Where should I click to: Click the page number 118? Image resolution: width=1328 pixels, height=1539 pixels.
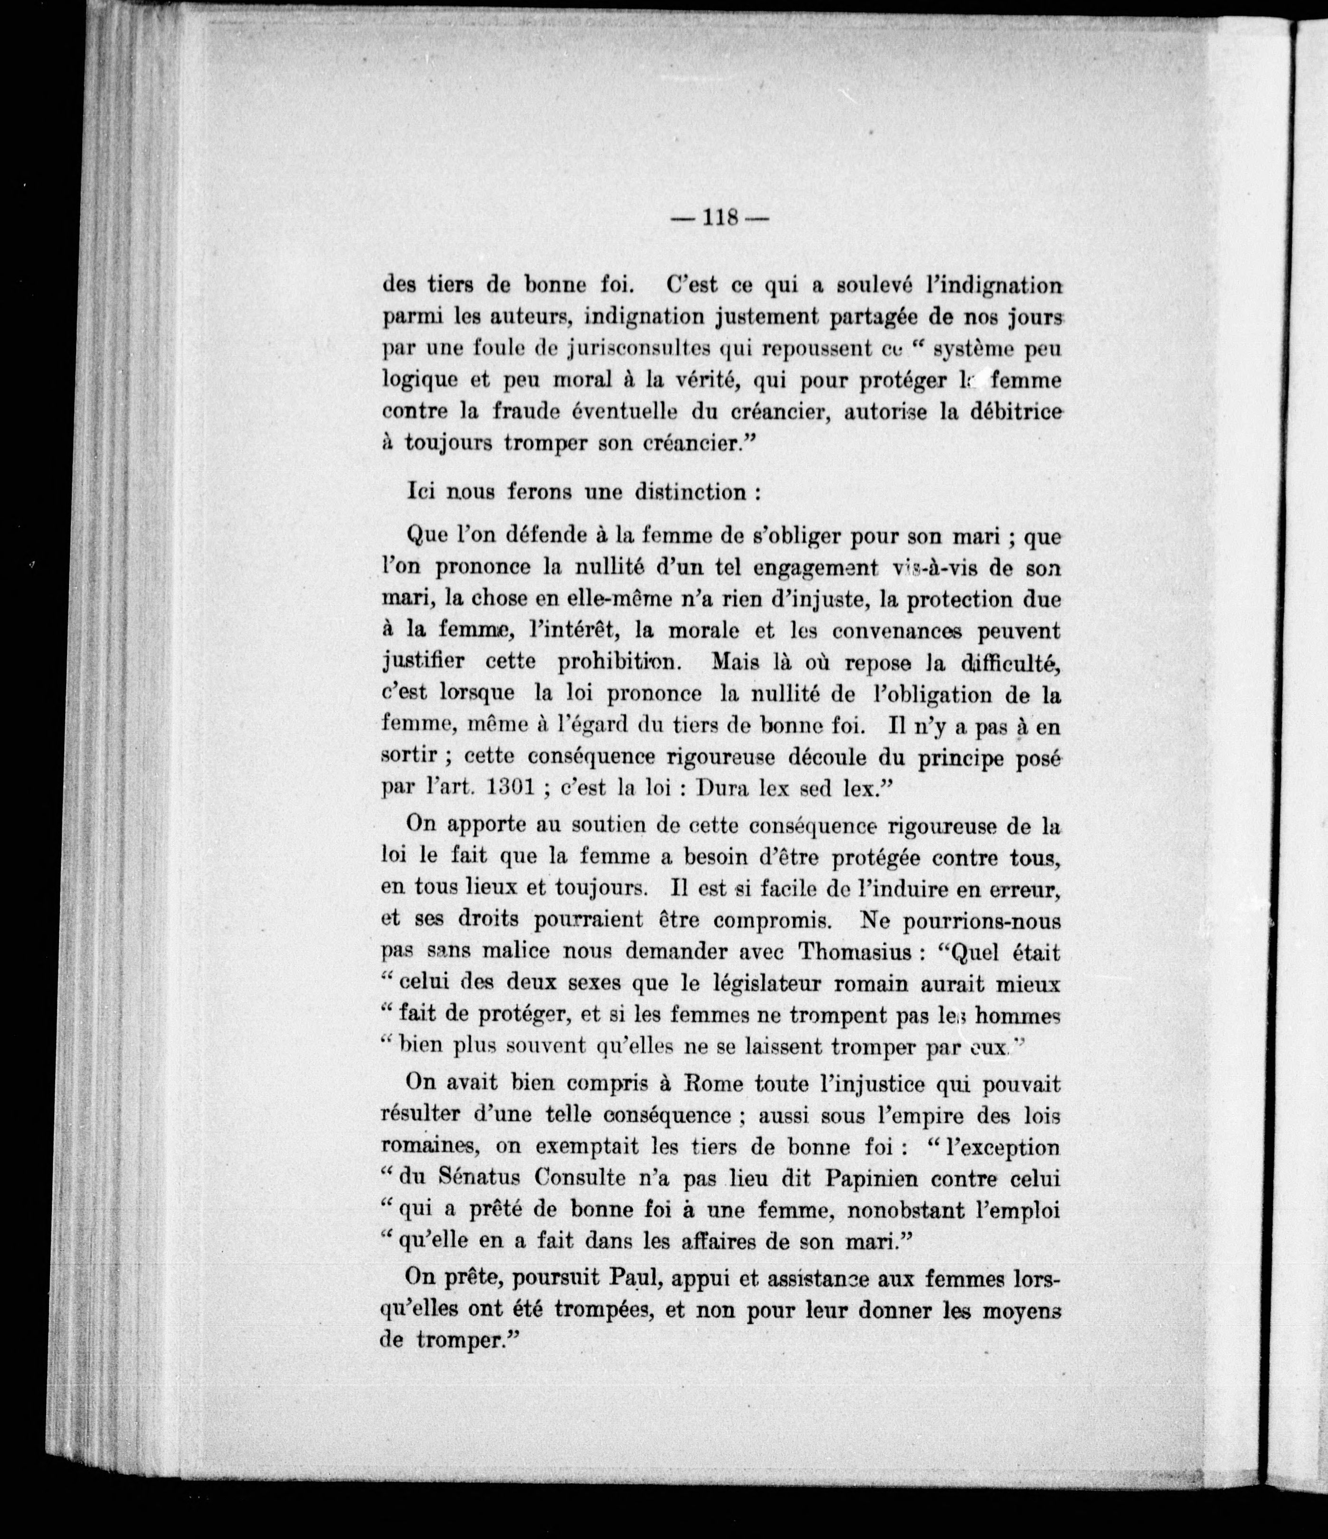point(718,218)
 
